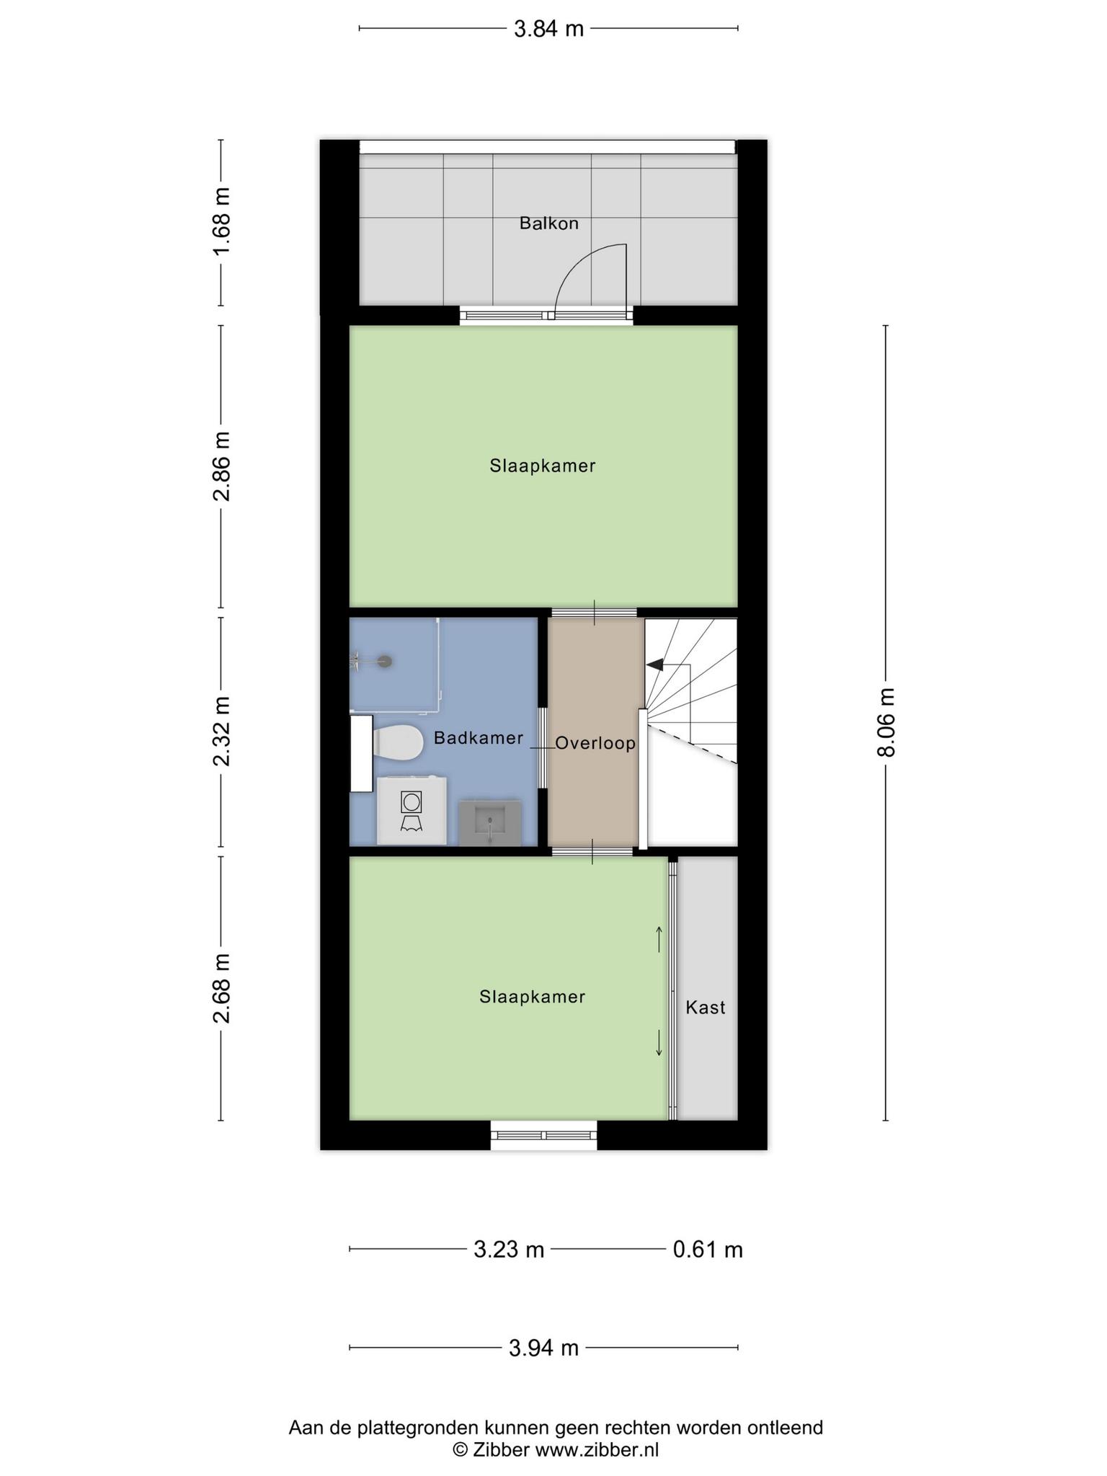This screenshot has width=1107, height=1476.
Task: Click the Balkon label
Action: tap(549, 223)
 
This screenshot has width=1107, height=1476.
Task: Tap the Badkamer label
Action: tap(479, 738)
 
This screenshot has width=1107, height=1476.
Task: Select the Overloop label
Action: tap(595, 743)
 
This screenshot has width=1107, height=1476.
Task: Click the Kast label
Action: tap(706, 1008)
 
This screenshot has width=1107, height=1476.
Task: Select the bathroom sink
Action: tap(490, 822)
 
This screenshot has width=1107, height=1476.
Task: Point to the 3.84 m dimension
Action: tap(548, 29)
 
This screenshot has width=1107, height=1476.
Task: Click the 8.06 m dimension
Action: tap(886, 723)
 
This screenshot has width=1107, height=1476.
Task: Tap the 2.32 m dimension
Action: tap(221, 731)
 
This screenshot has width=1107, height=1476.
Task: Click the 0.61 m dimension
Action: tap(708, 1249)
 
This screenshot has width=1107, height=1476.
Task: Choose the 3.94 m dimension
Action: tap(544, 1348)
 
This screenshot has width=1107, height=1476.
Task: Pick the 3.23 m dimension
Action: tap(508, 1249)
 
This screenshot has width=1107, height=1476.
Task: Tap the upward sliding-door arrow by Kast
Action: tap(659, 939)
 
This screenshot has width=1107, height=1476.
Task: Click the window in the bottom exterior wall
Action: tap(544, 1135)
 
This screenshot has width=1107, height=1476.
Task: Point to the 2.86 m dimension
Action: tap(221, 466)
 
